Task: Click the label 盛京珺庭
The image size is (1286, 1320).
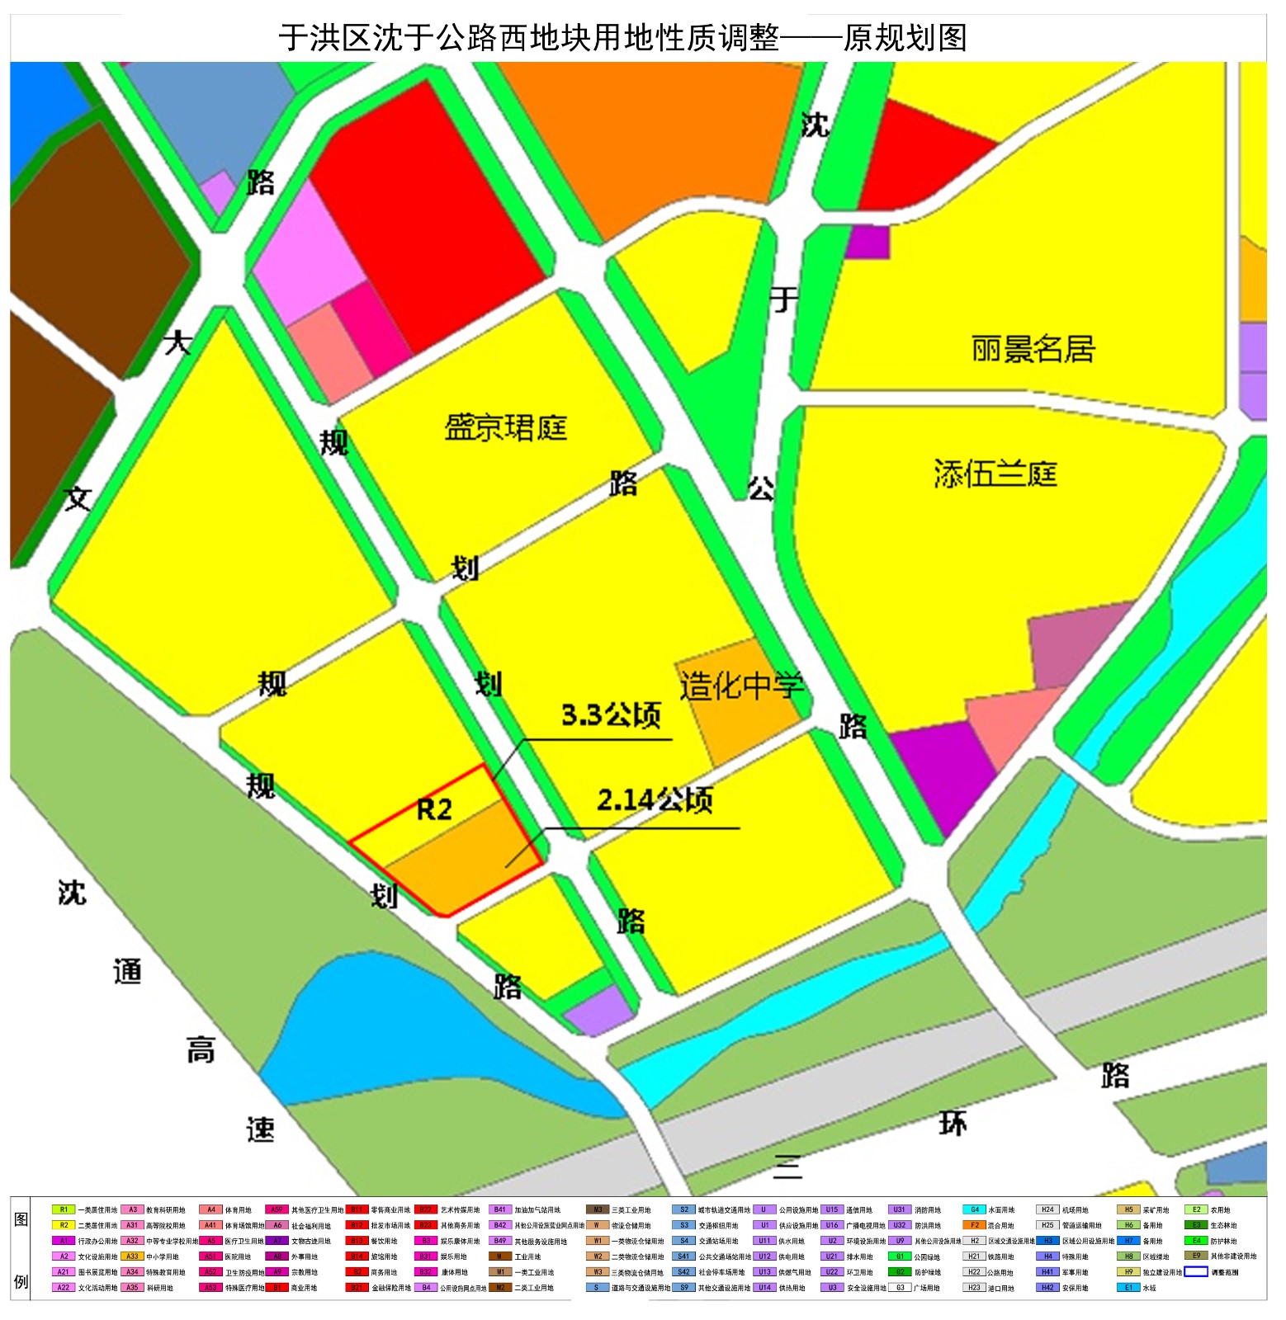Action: tap(505, 428)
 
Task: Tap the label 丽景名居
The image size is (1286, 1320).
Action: tap(1033, 349)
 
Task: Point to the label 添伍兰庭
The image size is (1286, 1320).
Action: tap(995, 474)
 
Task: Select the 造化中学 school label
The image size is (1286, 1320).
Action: tap(740, 686)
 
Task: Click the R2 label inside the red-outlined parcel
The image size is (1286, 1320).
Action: tap(434, 809)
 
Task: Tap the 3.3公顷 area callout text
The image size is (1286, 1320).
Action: tap(611, 715)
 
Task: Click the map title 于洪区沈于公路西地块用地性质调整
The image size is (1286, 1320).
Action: tap(528, 38)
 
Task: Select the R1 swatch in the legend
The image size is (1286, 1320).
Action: tap(64, 1209)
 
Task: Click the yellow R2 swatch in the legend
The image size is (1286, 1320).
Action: tap(64, 1225)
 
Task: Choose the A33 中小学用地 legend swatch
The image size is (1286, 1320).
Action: tap(132, 1256)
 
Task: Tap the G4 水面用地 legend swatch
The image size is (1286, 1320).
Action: tap(975, 1209)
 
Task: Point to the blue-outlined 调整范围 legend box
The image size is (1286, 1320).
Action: tap(1196, 1271)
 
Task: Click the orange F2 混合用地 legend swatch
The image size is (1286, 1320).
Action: tap(975, 1225)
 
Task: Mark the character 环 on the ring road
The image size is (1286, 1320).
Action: tap(953, 1123)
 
